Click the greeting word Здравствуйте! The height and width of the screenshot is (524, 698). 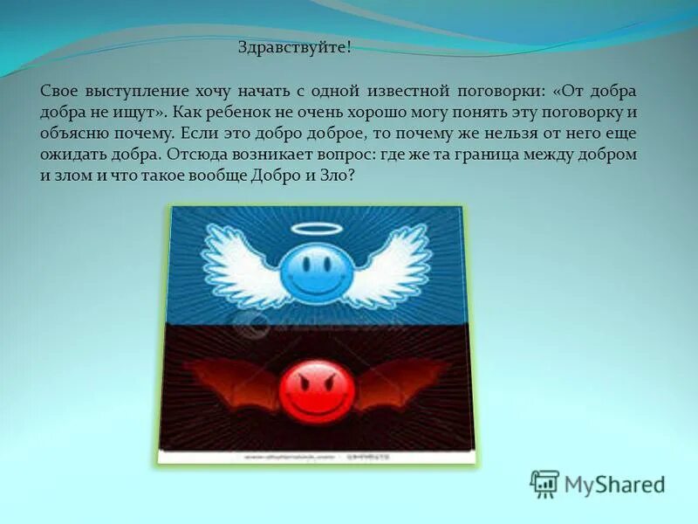(x=295, y=48)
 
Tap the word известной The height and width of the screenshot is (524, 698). (x=405, y=91)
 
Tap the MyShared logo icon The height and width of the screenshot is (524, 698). (x=544, y=484)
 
